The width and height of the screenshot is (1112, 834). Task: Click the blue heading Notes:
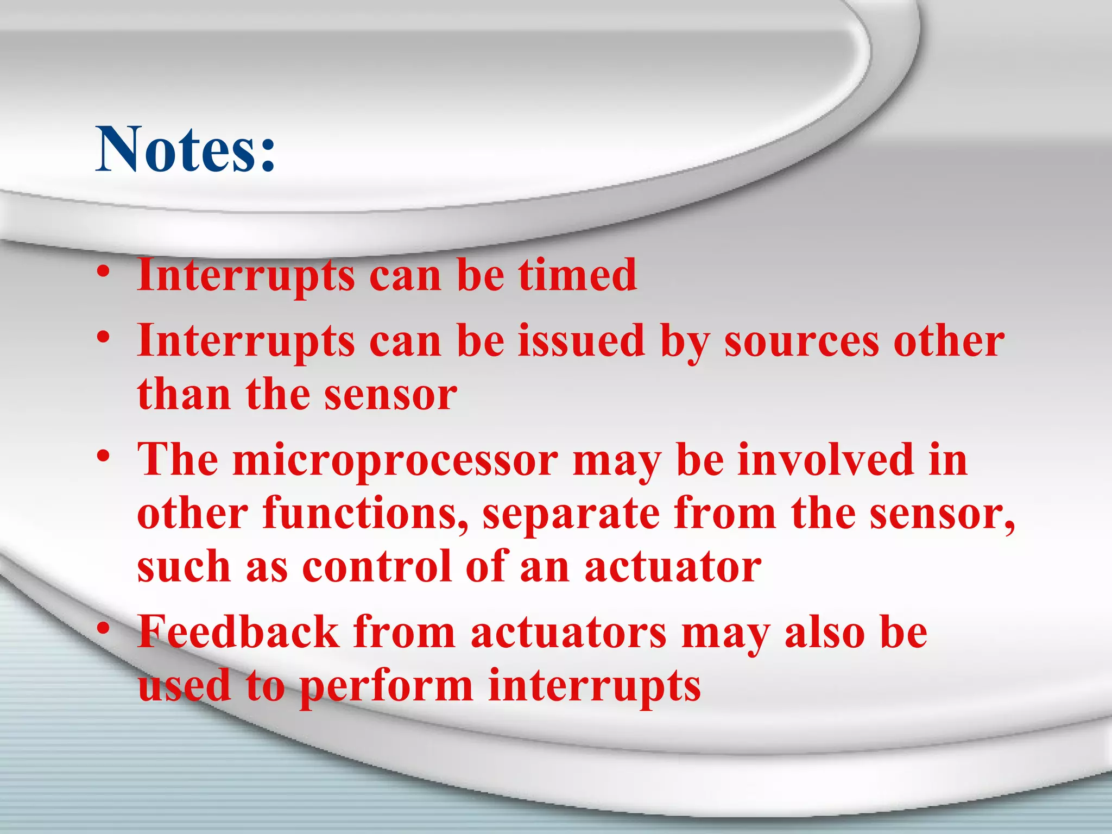click(186, 149)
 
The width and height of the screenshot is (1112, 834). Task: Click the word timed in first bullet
click(577, 275)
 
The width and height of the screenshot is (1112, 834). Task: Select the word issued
click(581, 340)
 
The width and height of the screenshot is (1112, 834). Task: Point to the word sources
click(801, 343)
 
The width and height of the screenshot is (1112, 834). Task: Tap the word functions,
click(366, 513)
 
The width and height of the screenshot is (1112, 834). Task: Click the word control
click(377, 566)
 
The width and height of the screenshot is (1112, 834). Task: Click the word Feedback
click(238, 632)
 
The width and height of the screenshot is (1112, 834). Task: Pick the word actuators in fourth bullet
click(568, 633)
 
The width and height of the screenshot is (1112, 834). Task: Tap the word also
click(825, 633)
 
